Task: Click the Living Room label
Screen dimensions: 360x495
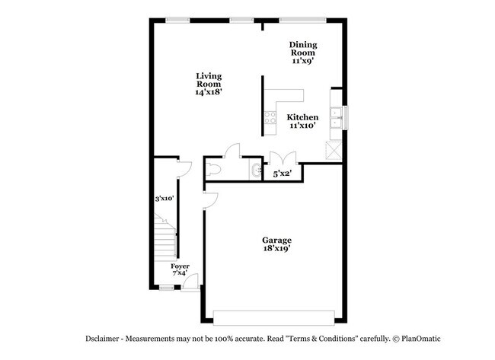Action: click(x=208, y=76)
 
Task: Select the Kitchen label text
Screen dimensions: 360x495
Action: click(x=302, y=117)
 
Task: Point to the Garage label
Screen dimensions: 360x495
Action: click(x=277, y=240)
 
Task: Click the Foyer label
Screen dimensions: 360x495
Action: click(x=180, y=266)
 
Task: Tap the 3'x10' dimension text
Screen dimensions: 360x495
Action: click(x=164, y=199)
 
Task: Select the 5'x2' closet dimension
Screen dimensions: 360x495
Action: click(x=283, y=174)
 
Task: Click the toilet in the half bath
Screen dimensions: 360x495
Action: click(x=214, y=169)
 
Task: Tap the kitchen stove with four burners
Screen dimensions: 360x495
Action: click(x=269, y=116)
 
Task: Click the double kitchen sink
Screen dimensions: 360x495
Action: click(x=335, y=118)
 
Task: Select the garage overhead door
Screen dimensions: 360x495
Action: click(x=274, y=316)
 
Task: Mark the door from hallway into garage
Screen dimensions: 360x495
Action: click(x=211, y=199)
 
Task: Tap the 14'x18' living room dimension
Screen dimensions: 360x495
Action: click(x=208, y=91)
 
